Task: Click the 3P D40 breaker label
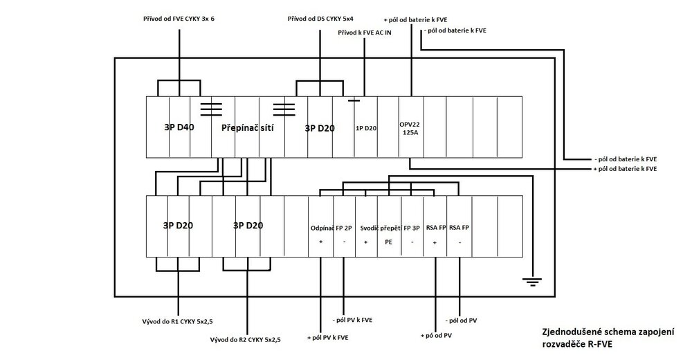tap(179, 127)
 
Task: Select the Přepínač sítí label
tap(247, 128)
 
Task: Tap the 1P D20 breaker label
tap(366, 128)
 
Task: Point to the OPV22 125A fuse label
tap(410, 128)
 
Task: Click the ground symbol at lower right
tap(531, 281)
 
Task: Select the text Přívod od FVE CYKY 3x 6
tap(179, 19)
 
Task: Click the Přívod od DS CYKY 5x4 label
tap(320, 19)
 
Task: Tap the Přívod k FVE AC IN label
tap(365, 33)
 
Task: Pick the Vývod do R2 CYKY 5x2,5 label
tap(246, 340)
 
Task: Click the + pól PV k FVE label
tap(328, 337)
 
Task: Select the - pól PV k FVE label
tap(352, 320)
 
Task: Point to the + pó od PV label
tap(436, 336)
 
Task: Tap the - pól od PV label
tap(461, 321)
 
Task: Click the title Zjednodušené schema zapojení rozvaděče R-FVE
tap(608, 339)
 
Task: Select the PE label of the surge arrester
tap(388, 242)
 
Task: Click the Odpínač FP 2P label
tap(331, 228)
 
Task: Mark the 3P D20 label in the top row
tap(320, 128)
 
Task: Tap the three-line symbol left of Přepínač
tap(211, 109)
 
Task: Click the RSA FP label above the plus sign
tap(436, 228)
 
